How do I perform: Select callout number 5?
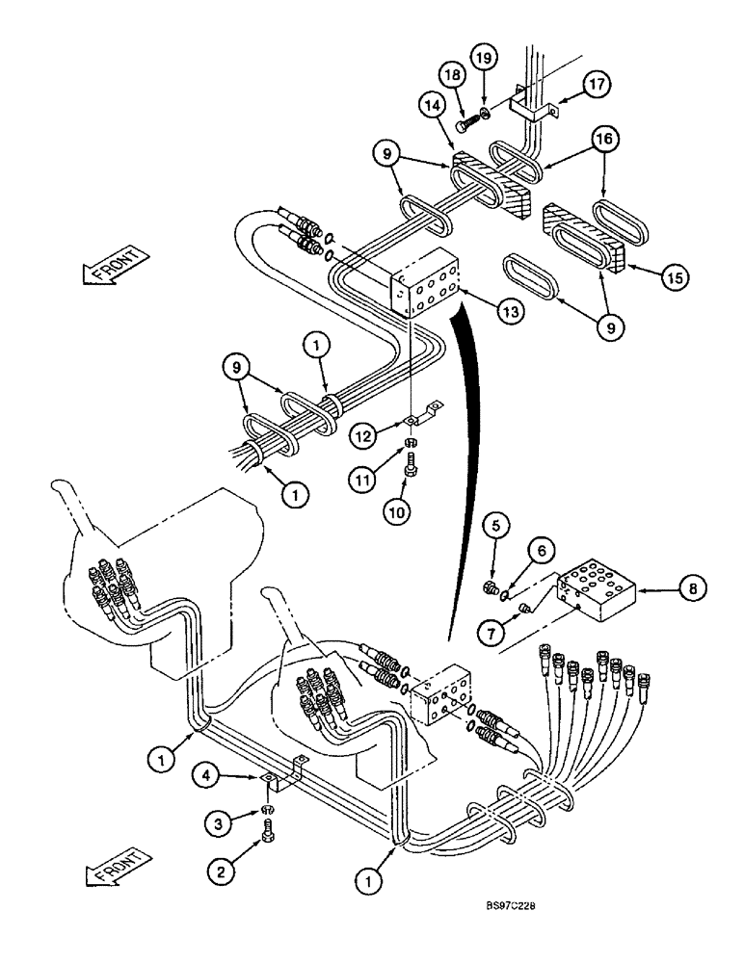tap(498, 527)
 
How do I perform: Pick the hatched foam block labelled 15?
tap(583, 237)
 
